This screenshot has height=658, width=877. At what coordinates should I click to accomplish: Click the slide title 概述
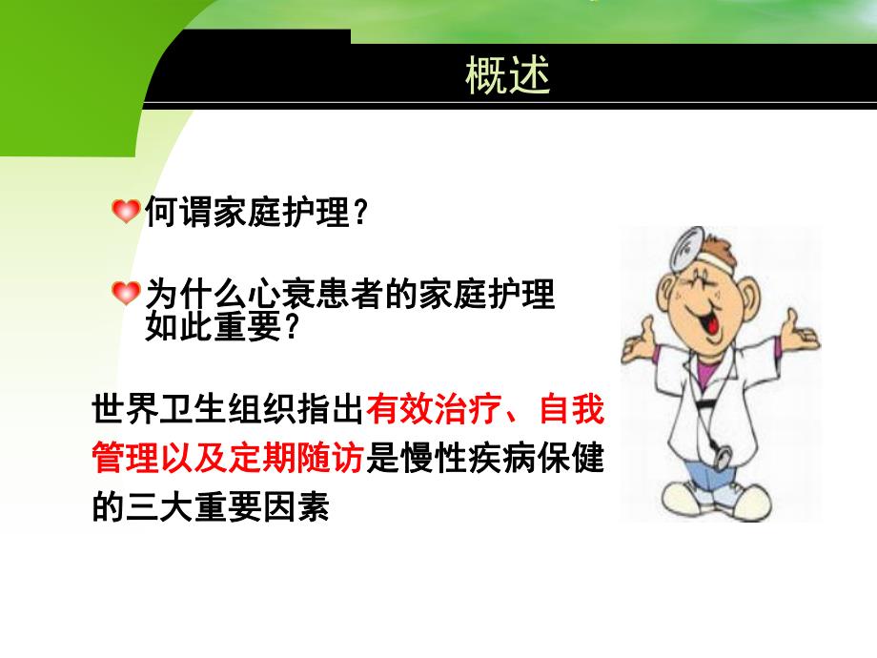point(508,76)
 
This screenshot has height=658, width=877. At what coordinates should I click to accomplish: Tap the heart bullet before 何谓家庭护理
point(126,211)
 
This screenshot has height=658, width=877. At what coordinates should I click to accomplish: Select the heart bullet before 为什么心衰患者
point(126,293)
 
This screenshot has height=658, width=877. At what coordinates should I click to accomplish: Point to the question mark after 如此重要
point(293,327)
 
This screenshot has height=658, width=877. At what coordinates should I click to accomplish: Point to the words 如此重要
point(212,327)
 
